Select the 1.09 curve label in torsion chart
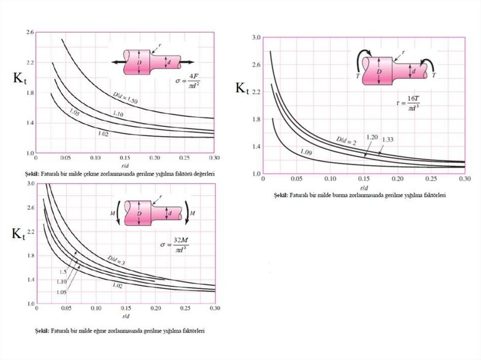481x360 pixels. coord(306,152)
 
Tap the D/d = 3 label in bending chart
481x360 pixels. coord(115,261)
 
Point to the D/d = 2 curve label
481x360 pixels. coord(346,140)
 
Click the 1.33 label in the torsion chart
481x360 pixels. coord(388,139)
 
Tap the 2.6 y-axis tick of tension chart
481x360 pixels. coord(30,32)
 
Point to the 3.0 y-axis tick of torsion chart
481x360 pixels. coord(256,37)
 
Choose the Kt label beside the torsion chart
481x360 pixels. coord(242,88)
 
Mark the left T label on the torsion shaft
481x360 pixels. coord(358,75)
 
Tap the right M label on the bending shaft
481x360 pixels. coord(193,213)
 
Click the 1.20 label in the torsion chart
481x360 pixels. coord(372,137)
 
